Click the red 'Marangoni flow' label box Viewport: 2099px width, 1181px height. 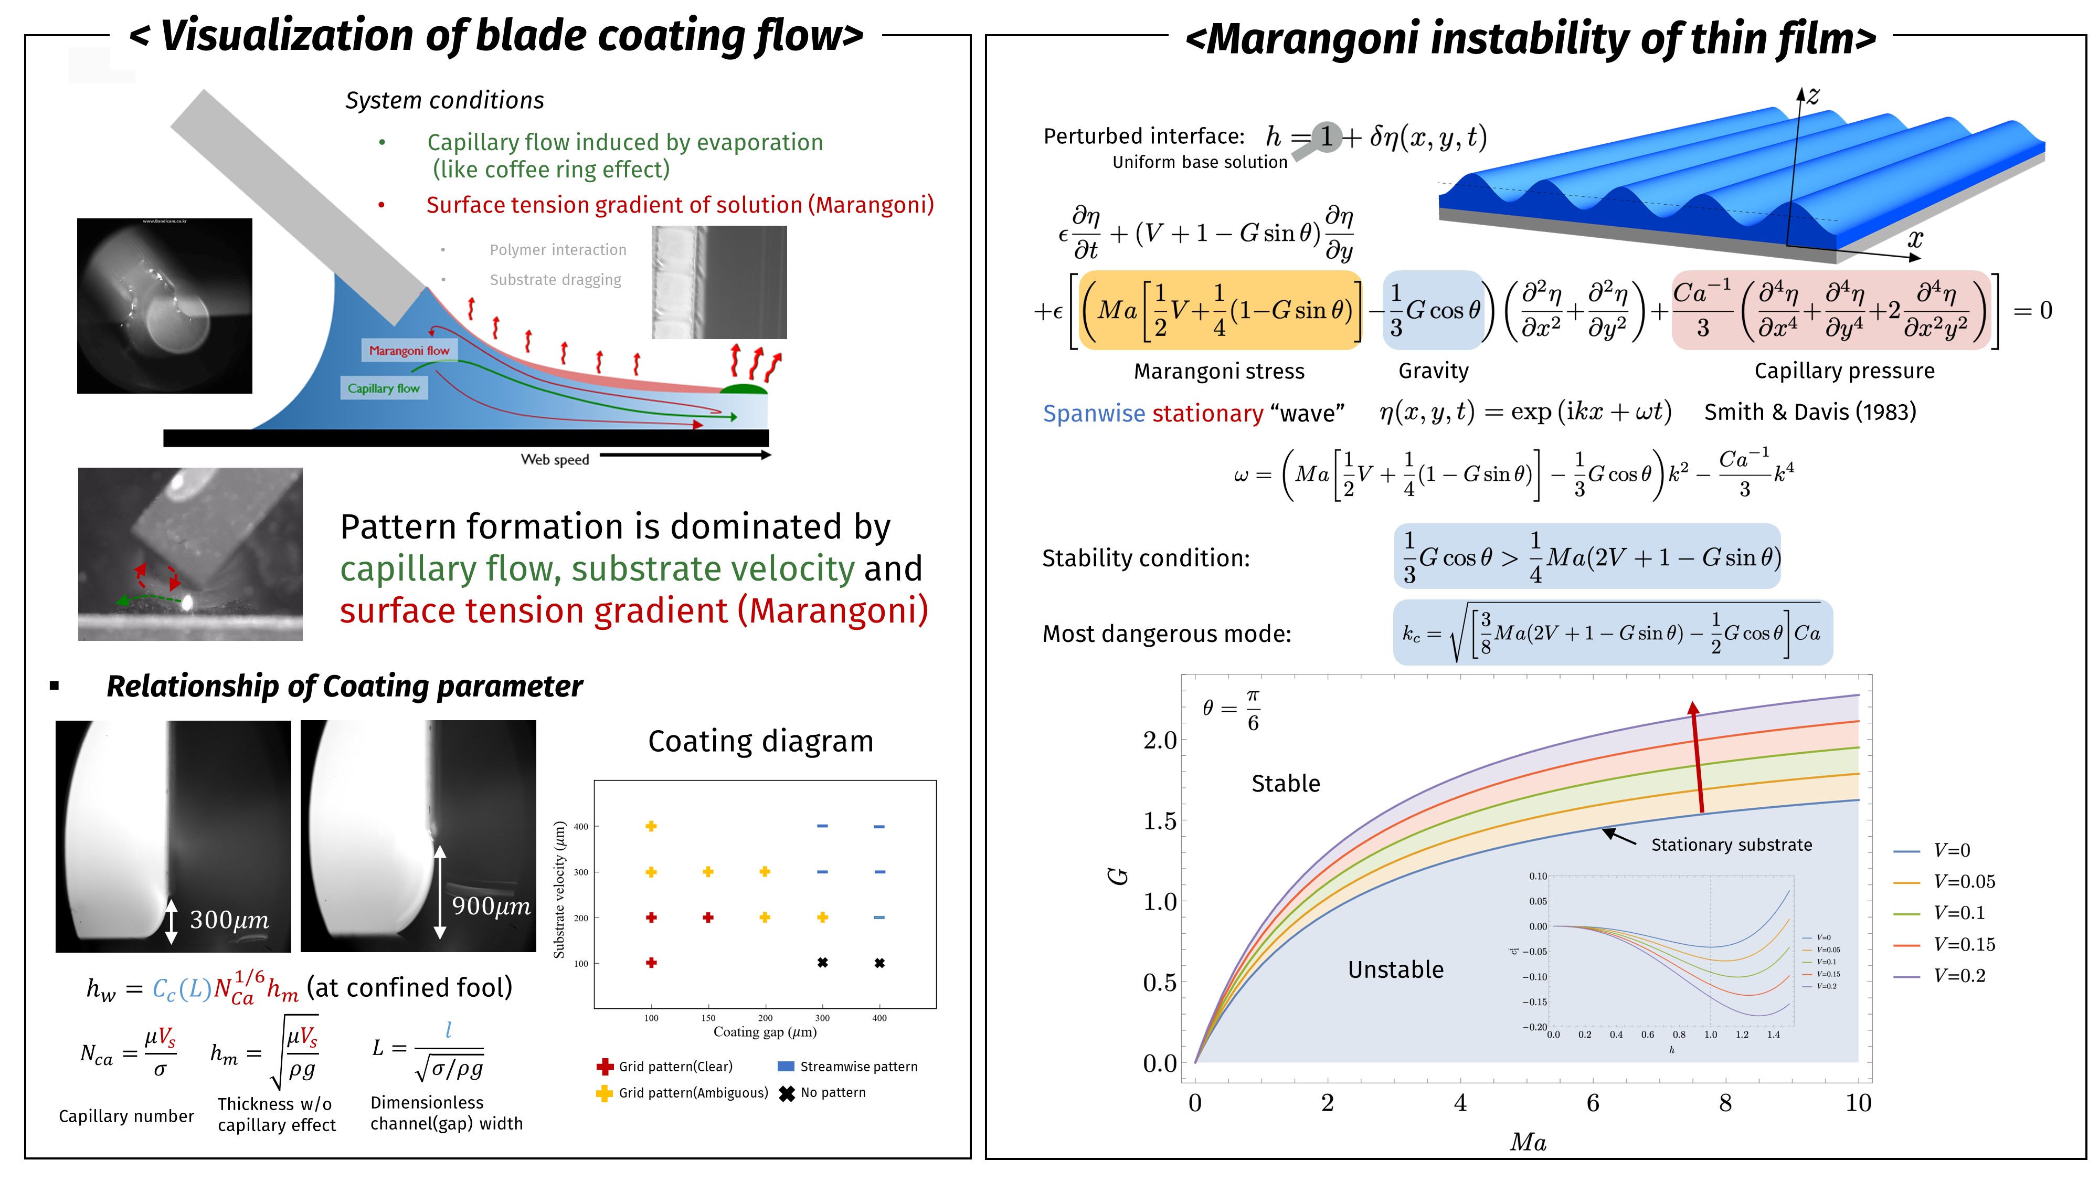coord(409,351)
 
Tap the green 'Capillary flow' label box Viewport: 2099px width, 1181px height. coord(383,388)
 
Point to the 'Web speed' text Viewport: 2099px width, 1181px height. coord(555,460)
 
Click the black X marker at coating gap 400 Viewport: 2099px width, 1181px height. coord(879,963)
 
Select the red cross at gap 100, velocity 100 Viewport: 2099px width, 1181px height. coord(651,963)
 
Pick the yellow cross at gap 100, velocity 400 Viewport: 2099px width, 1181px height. coord(651,827)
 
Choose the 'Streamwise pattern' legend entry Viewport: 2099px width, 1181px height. coord(858,1067)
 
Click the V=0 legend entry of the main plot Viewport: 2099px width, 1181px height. coord(1952,851)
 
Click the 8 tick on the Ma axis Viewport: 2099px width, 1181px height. coord(1725,1103)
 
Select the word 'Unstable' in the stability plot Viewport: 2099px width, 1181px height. coord(1395,970)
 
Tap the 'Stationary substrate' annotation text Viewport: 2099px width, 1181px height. coord(1732,845)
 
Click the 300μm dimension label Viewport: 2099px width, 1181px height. coord(229,920)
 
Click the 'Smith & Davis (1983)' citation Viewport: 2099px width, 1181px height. coord(1810,412)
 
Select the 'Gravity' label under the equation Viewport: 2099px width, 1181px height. coord(1433,372)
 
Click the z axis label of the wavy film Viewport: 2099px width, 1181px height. coord(1812,96)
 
